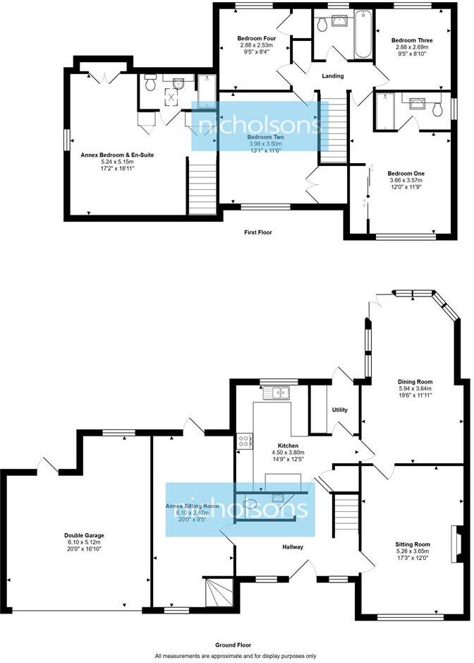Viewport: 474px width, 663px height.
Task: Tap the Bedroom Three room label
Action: [412, 41]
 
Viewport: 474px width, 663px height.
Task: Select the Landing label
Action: [332, 76]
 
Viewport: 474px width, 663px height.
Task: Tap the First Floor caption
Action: [257, 232]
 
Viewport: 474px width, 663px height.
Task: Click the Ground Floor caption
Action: [236, 645]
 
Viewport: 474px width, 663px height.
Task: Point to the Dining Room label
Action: [414, 381]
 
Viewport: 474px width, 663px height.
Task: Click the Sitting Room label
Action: [413, 544]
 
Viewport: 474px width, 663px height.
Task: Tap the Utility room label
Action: [341, 410]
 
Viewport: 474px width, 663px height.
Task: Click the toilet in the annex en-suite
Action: [150, 84]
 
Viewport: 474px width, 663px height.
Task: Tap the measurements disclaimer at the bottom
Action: [236, 656]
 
